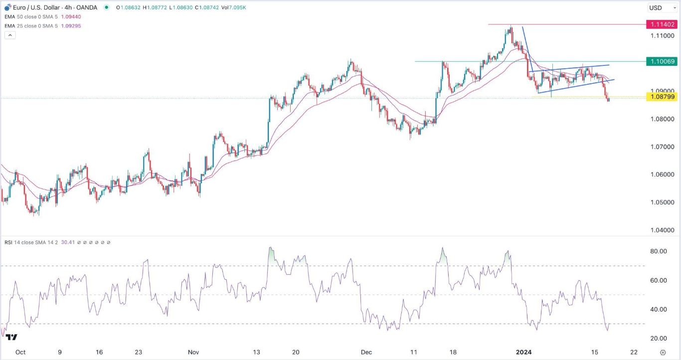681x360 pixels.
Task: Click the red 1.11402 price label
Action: click(661, 24)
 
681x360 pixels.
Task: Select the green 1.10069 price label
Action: click(661, 61)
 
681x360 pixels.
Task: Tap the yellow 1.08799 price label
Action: click(661, 97)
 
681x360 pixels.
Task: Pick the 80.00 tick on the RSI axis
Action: click(660, 251)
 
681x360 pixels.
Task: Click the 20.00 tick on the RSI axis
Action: click(660, 339)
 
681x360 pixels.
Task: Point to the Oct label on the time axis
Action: click(20, 352)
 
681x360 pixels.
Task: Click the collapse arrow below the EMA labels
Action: click(9, 35)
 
